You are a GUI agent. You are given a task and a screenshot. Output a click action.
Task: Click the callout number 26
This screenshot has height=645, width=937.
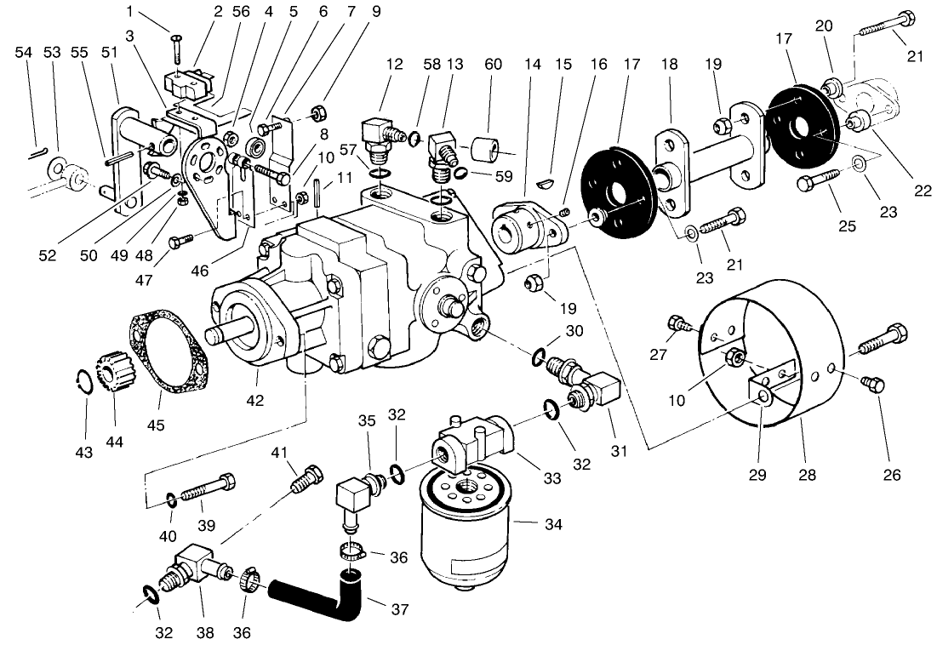tap(891, 475)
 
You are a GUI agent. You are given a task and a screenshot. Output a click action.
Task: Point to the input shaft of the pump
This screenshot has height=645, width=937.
tap(223, 332)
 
